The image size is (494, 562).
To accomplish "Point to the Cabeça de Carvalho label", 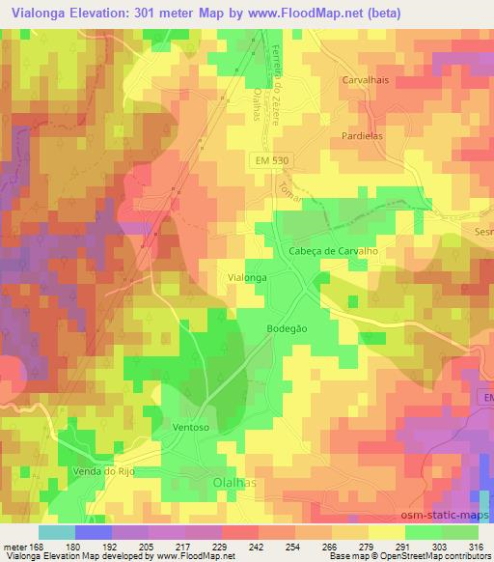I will click(x=330, y=250).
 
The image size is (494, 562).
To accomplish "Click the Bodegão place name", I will click(x=288, y=329).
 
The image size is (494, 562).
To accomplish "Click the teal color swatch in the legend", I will click(x=57, y=531).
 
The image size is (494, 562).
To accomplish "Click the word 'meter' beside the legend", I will click(x=14, y=546).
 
